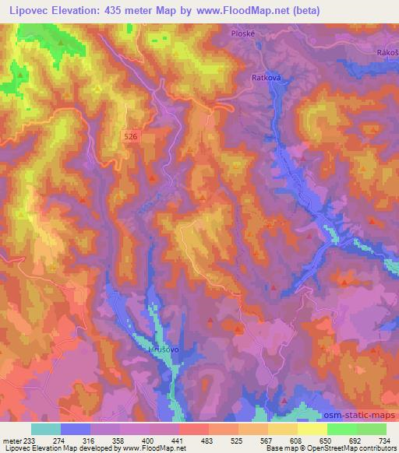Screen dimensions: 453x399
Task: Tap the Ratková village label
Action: point(265,78)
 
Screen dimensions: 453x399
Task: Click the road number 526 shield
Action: point(132,136)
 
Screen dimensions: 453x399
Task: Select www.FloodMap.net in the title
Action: point(248,12)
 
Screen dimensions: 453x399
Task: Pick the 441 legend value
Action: point(178,440)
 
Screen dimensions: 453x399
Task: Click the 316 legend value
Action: point(90,440)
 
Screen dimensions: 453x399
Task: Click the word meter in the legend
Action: point(12,440)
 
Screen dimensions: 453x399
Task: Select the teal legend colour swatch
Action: point(46,429)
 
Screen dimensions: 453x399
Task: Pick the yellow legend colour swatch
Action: point(312,429)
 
